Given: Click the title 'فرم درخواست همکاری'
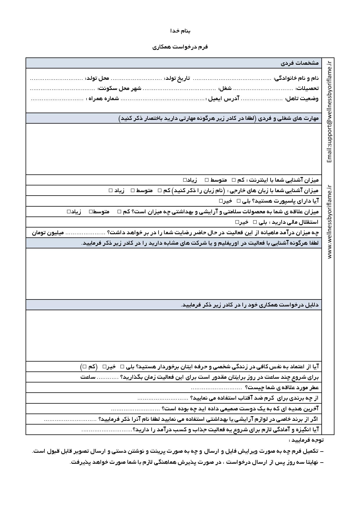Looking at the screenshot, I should coord(180,47).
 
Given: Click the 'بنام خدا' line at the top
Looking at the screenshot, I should coord(180,31).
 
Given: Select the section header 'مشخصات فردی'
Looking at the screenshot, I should coord(300,63).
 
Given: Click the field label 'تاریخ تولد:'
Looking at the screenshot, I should coord(177,78).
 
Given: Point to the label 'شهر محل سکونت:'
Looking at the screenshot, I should coord(120,89).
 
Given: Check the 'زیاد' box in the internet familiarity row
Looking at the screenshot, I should coord(185,180).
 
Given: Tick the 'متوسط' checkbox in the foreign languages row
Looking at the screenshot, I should coord(133,190).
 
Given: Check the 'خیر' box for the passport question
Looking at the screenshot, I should coord(221,201).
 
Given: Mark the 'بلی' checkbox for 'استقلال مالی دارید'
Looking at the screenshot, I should coord(255,222).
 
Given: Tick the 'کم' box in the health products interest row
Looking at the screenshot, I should coord(119,212).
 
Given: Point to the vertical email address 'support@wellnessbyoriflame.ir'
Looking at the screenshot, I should coord(329,112).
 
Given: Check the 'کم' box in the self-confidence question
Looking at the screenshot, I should coord(84,367).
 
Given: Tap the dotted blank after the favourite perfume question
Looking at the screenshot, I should coord(216,388).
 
